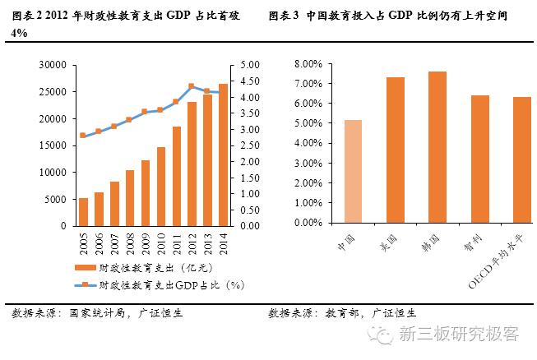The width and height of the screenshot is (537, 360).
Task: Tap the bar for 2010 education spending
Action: tap(161, 187)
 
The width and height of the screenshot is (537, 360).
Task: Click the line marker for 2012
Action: tap(192, 85)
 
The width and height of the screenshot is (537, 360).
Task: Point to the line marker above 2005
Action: tap(83, 136)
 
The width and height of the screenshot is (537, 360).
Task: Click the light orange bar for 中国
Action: tap(352, 171)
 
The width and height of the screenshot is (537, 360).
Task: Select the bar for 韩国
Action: tap(437, 147)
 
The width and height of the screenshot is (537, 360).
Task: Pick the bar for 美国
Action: tap(395, 150)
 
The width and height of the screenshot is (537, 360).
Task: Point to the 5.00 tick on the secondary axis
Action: tap(249, 65)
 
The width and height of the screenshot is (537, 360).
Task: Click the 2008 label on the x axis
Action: tap(130, 242)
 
